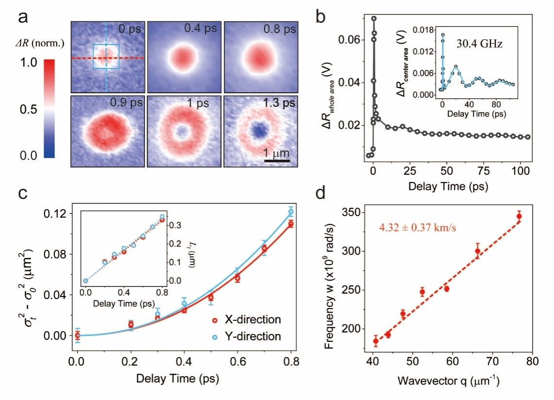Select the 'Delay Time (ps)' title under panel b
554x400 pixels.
(x=448, y=186)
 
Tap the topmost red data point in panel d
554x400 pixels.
(x=519, y=217)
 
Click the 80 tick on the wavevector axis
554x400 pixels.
(x=532, y=363)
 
